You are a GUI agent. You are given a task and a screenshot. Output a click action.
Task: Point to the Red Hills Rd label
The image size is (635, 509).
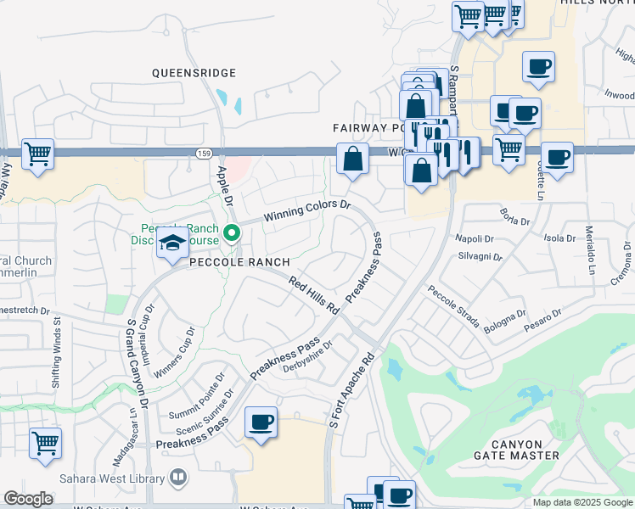pyautogui.click(x=313, y=295)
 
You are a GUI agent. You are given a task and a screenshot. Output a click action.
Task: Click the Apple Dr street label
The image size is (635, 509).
pyautogui.click(x=225, y=187)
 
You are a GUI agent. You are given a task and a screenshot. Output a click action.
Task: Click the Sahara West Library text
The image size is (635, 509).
pyautogui.click(x=120, y=478)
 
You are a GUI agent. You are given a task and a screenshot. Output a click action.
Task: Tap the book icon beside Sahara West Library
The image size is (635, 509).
pyautogui.click(x=178, y=478)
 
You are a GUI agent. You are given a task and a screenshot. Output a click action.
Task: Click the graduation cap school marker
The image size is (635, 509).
pyautogui.click(x=172, y=245)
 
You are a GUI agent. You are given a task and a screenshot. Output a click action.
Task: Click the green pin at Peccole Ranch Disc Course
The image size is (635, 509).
pyautogui.click(x=232, y=231)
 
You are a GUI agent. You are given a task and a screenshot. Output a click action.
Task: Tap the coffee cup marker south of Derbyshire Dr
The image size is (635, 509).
pyautogui.click(x=261, y=422)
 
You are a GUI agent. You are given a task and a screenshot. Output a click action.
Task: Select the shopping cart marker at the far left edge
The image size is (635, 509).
pyautogui.click(x=37, y=154)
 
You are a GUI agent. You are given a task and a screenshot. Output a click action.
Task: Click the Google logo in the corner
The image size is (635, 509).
pyautogui.click(x=29, y=499)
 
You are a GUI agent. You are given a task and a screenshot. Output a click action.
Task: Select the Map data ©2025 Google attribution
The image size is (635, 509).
pyautogui.click(x=582, y=502)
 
